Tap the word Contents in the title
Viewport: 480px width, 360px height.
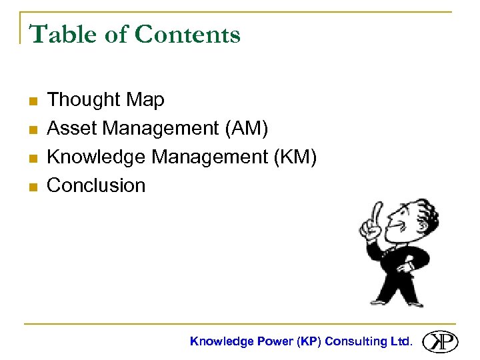pyautogui.click(x=187, y=34)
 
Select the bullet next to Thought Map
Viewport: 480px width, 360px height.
pyautogui.click(x=31, y=101)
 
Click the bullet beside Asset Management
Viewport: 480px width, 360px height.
pyautogui.click(x=31, y=130)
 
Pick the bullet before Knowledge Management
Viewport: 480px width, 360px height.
pyautogui.click(x=31, y=158)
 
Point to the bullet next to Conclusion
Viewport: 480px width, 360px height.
pyautogui.click(x=31, y=187)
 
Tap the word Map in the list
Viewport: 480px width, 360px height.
pyautogui.click(x=144, y=101)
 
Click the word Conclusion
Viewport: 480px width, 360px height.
pyautogui.click(x=96, y=185)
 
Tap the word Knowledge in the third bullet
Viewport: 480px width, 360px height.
pyautogui.click(x=97, y=157)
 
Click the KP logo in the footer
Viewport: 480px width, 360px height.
pyautogui.click(x=441, y=341)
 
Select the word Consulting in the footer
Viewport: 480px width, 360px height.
pyautogui.click(x=355, y=341)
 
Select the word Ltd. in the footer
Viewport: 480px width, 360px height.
pyautogui.click(x=401, y=341)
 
